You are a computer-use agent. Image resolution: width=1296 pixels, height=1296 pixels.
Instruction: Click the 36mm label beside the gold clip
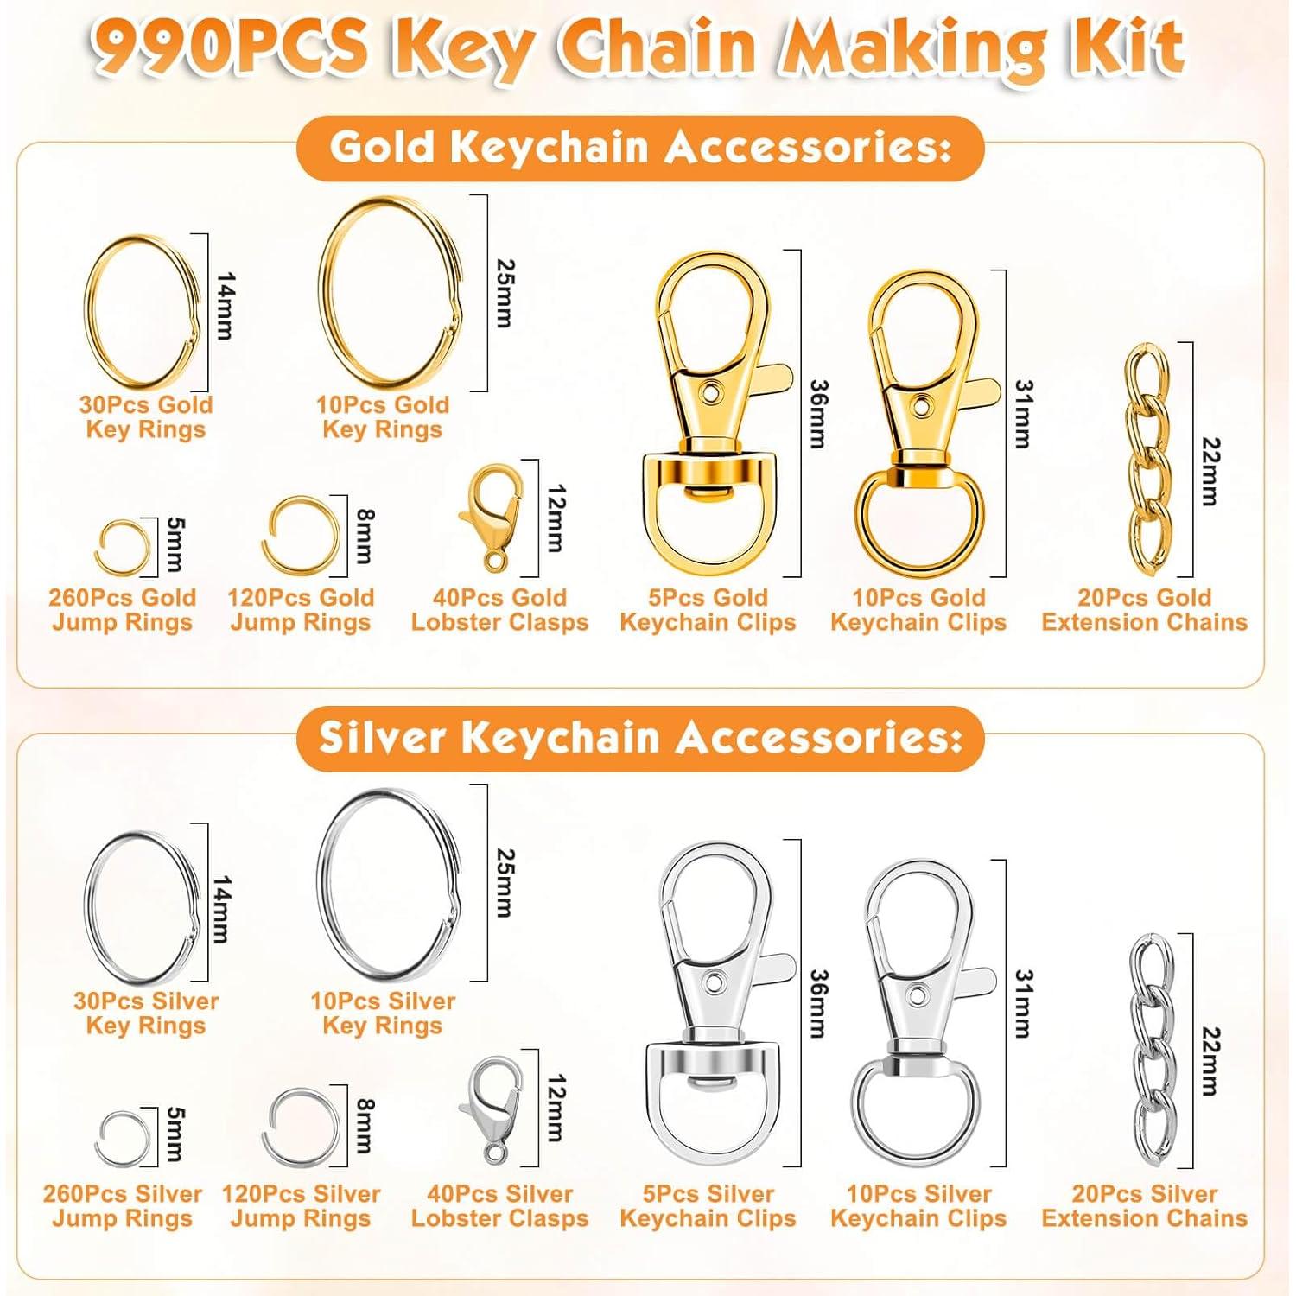817,415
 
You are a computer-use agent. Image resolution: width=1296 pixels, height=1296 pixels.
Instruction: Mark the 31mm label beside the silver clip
1023,1004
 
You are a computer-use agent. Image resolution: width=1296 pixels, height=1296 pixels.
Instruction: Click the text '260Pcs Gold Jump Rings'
122,610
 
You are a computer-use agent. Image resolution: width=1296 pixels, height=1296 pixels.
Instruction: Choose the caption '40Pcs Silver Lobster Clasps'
499,1206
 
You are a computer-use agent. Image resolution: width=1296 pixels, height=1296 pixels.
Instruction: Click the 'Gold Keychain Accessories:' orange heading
640,148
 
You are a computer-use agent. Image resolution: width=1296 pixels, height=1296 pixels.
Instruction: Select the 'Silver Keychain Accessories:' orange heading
640,738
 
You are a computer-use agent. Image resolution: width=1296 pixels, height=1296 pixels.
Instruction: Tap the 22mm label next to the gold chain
1210,472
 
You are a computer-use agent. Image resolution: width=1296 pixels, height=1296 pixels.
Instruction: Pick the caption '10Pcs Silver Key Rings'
382,1013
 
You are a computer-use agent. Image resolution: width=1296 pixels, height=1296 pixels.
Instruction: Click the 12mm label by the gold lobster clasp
556,518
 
